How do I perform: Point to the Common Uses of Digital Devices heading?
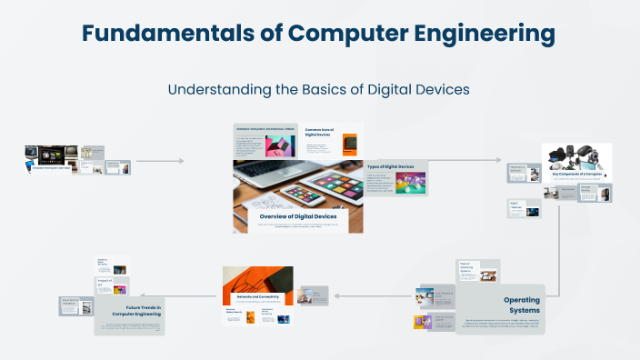322,133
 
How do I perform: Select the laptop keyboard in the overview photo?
264,168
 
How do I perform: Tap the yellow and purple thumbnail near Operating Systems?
420,322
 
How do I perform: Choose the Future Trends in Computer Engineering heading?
137,311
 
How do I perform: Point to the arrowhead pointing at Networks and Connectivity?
335,295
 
